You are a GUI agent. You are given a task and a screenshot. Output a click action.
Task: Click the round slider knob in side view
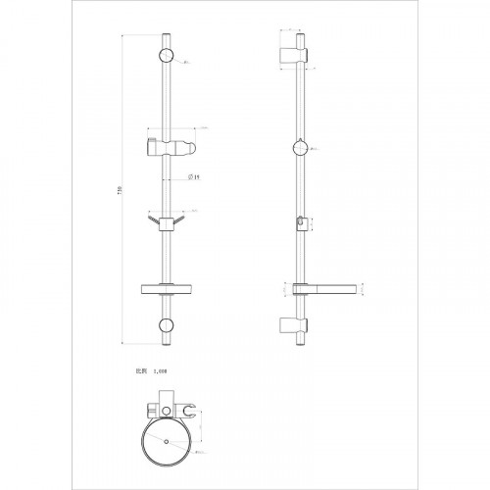coord(303,149)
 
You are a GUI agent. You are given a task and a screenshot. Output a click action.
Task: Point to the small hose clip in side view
coord(299,223)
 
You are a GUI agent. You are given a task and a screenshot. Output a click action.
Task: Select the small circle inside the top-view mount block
coord(164,405)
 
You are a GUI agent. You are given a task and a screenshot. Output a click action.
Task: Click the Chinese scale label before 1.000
coord(140,373)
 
